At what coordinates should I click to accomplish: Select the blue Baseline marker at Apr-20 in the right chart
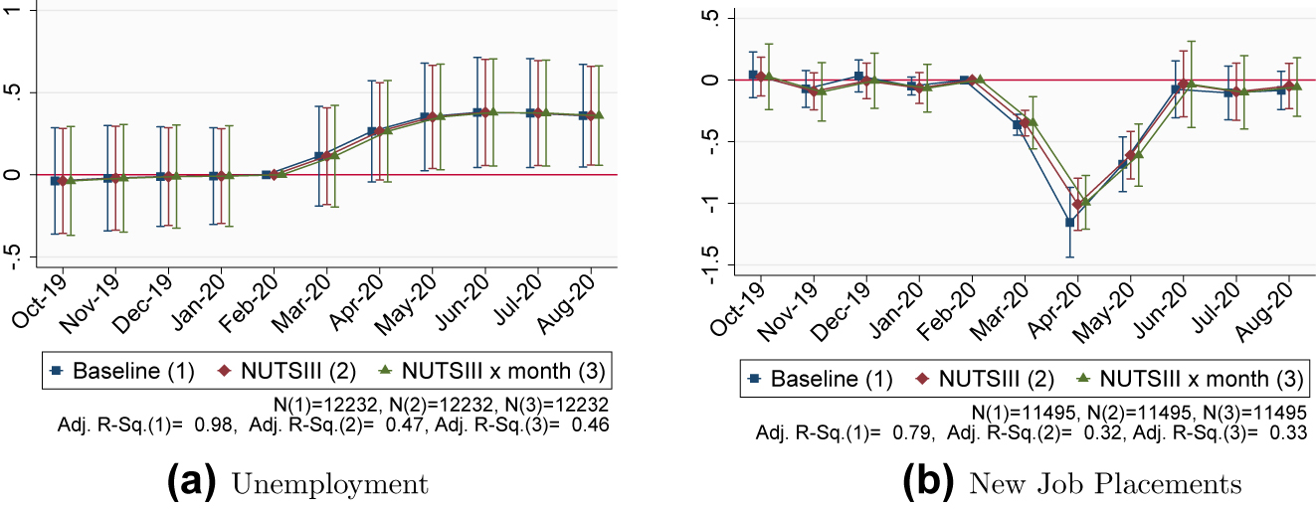tap(1070, 222)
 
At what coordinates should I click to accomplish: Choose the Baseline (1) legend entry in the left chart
tap(126, 372)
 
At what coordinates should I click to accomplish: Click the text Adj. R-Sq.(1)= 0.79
tap(845, 433)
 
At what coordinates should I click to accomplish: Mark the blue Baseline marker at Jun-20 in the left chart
tap(477, 112)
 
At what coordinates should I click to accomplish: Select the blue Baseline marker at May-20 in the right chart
tap(1123, 164)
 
